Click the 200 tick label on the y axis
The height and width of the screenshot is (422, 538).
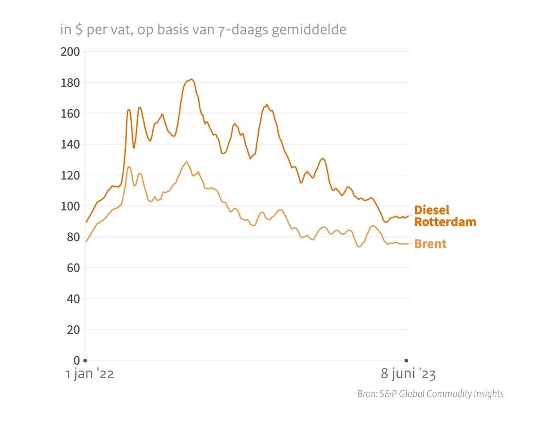[x=70, y=52]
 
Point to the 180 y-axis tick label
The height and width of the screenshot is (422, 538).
[x=70, y=83]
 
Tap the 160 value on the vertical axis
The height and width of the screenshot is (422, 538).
[x=70, y=114]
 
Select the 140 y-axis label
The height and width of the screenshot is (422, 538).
[x=70, y=145]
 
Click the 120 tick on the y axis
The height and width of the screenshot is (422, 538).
[x=70, y=176]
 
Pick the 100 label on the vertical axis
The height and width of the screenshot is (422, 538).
[x=70, y=206]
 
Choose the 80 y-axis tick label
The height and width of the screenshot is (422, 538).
[x=73, y=237]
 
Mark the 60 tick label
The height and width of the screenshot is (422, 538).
[x=73, y=268]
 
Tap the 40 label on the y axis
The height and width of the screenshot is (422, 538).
[x=73, y=299]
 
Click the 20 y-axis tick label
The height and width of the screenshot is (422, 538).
[x=73, y=330]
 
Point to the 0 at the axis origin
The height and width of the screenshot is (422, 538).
[x=77, y=360]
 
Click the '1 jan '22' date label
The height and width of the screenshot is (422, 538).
[x=90, y=374]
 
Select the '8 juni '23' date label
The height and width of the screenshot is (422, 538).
[x=408, y=374]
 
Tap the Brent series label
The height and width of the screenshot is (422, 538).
[x=430, y=244]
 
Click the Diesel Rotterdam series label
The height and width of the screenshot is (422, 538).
[x=445, y=216]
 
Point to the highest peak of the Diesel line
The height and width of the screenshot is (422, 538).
[x=191, y=79]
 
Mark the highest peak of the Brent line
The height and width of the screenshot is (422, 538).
[x=186, y=162]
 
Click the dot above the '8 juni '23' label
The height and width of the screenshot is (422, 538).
[x=406, y=360]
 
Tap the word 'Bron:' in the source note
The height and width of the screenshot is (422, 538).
[x=367, y=394]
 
